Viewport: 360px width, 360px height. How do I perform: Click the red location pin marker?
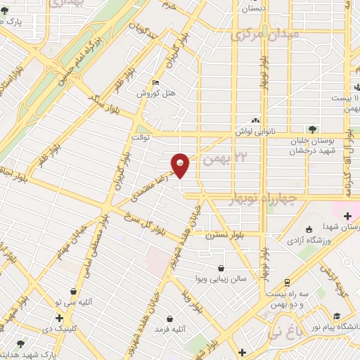181,165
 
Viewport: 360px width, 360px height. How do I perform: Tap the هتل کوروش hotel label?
150,93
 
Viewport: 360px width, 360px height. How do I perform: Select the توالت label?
143,139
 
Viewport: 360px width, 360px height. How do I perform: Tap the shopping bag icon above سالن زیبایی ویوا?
222,268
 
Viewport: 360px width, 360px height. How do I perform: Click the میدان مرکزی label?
266,34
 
